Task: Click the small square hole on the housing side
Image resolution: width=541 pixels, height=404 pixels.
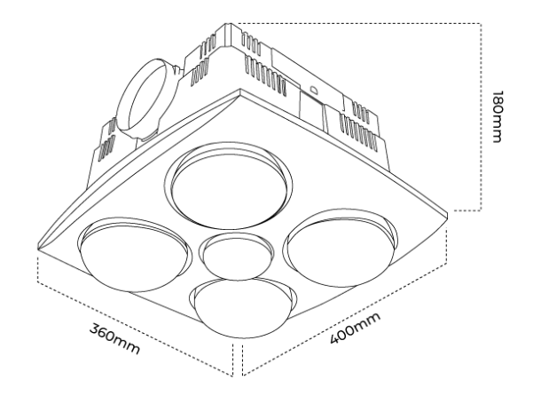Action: [x=313, y=90]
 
